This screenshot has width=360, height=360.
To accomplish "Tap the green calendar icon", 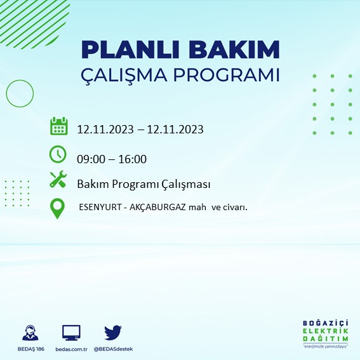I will pyautogui.click(x=58, y=126).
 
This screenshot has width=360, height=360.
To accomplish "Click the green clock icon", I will pyautogui.click(x=58, y=154).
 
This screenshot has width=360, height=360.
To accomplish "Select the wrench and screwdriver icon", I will pyautogui.click(x=58, y=180).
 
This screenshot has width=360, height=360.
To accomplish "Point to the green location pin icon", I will pyautogui.click(x=58, y=208).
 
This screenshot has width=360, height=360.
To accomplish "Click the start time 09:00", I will pyautogui.click(x=91, y=159).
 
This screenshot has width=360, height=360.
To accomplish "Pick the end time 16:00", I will pyautogui.click(x=133, y=159).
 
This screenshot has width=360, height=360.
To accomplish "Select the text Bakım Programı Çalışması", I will pyautogui.click(x=143, y=184).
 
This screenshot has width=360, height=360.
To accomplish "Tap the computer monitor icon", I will pyautogui.click(x=71, y=333).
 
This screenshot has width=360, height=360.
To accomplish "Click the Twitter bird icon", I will pyautogui.click(x=113, y=333).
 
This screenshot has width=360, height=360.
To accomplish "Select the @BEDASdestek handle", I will pyautogui.click(x=113, y=349).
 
